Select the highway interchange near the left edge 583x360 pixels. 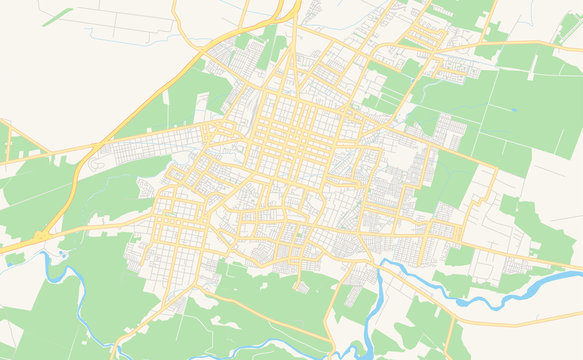40,237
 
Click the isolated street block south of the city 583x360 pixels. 301,287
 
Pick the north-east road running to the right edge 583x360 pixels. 520,44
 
